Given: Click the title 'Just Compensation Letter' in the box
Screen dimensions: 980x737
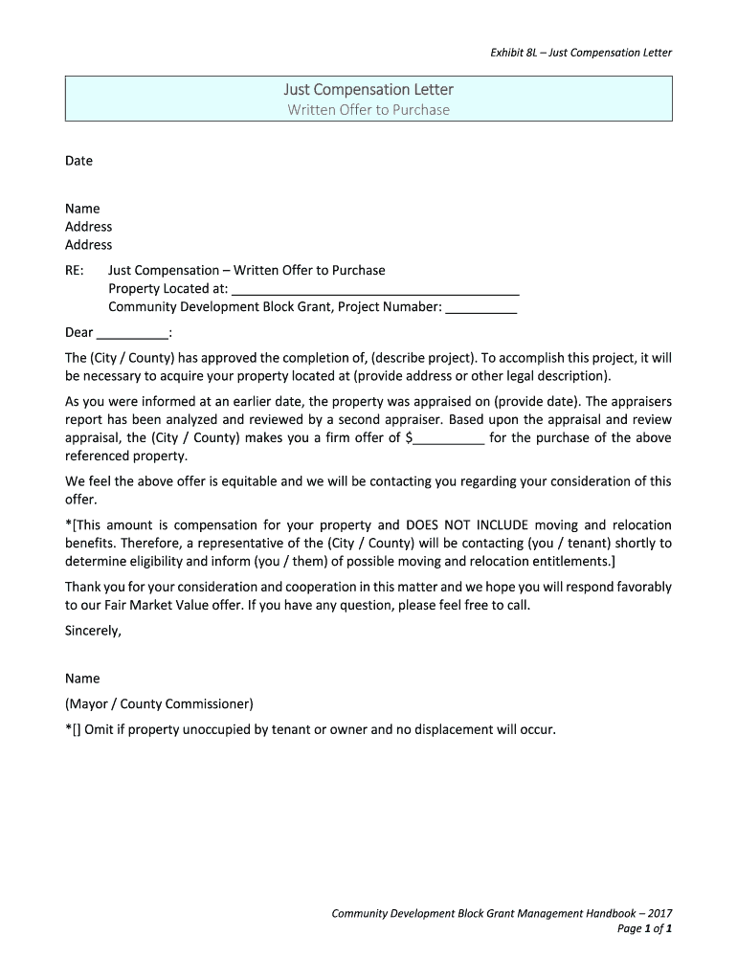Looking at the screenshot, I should (x=368, y=90).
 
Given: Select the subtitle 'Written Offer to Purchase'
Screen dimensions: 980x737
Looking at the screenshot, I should (x=368, y=110).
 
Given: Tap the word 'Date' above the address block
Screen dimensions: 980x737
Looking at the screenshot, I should (x=78, y=161).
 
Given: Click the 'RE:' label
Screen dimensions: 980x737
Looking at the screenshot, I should (x=76, y=270).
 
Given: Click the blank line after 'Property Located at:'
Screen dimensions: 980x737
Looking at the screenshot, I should (x=375, y=289).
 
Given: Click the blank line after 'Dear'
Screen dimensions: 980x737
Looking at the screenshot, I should (x=132, y=333).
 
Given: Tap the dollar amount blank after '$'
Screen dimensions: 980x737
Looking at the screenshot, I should (x=449, y=438).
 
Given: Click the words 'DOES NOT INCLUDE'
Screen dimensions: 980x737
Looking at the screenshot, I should (x=466, y=525).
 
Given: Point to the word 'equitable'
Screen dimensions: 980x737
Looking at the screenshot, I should (x=249, y=482).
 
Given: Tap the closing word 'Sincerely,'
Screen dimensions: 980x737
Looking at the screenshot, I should (x=93, y=631).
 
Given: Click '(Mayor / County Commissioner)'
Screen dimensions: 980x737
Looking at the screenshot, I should (x=159, y=704).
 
